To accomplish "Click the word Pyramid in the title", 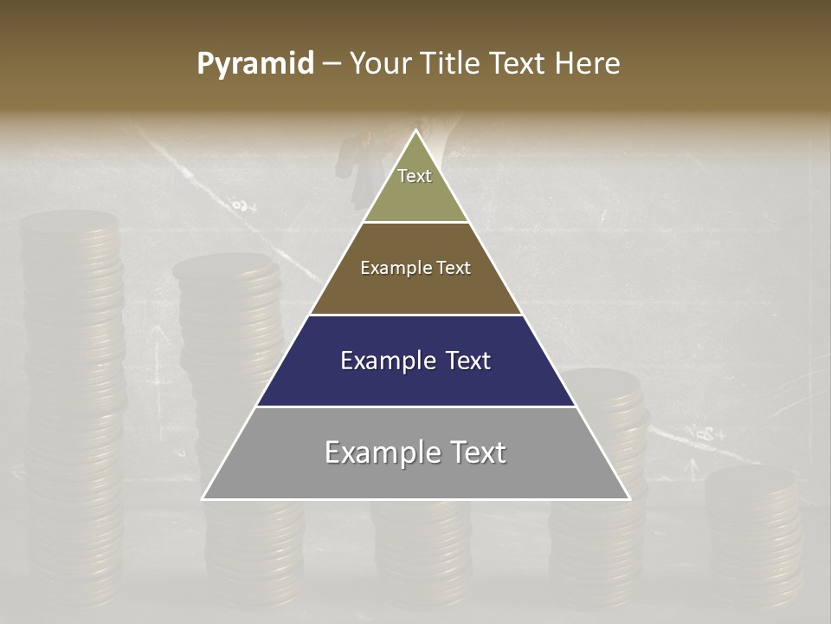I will coord(255,64).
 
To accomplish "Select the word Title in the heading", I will coord(455,64).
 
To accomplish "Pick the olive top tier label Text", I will coord(415,176).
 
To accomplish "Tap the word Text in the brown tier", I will coord(454,268).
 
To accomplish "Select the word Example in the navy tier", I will coord(384,361).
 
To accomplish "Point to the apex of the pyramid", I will coord(415,131).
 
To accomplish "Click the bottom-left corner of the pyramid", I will coord(203,499).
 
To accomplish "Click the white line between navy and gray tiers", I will coord(415,406).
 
